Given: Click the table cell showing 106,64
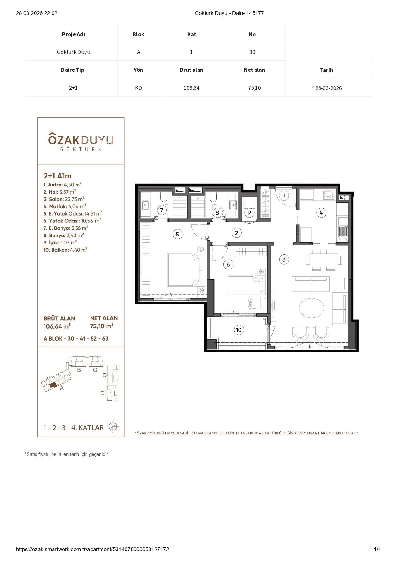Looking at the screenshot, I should point(191,88).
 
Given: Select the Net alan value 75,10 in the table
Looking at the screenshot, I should point(254,88).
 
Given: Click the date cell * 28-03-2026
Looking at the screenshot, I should point(327,88).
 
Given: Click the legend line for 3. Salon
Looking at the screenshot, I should point(64,199).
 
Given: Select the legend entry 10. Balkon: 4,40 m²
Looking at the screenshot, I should point(66,250).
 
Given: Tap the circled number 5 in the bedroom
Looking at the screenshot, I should point(177,234).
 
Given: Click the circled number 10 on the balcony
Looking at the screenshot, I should point(239,330).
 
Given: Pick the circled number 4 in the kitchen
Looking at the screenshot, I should point(321,212).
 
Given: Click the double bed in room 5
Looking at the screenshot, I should point(185,269).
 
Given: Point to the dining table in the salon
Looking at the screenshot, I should point(322,260).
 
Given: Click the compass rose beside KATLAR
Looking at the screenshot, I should point(113,427).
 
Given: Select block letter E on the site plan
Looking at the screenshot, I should point(102,393).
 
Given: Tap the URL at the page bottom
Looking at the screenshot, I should point(93,549).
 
